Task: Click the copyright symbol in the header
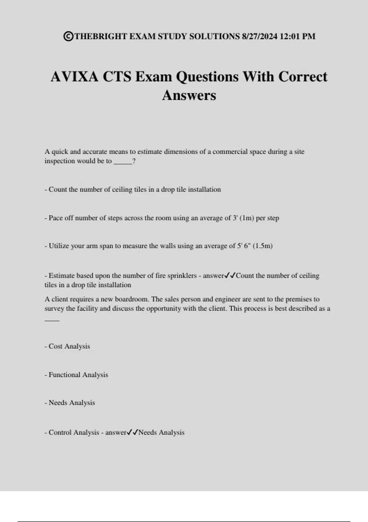click(x=68, y=36)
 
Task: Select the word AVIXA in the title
click(x=75, y=76)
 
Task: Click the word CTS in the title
click(x=117, y=76)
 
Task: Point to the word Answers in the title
click(x=189, y=95)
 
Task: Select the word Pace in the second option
click(x=56, y=218)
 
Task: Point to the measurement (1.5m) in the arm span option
click(x=263, y=246)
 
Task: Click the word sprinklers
click(x=182, y=276)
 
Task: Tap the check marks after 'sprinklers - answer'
click(x=230, y=276)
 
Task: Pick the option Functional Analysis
click(x=78, y=375)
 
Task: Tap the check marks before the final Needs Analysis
click(x=132, y=433)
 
